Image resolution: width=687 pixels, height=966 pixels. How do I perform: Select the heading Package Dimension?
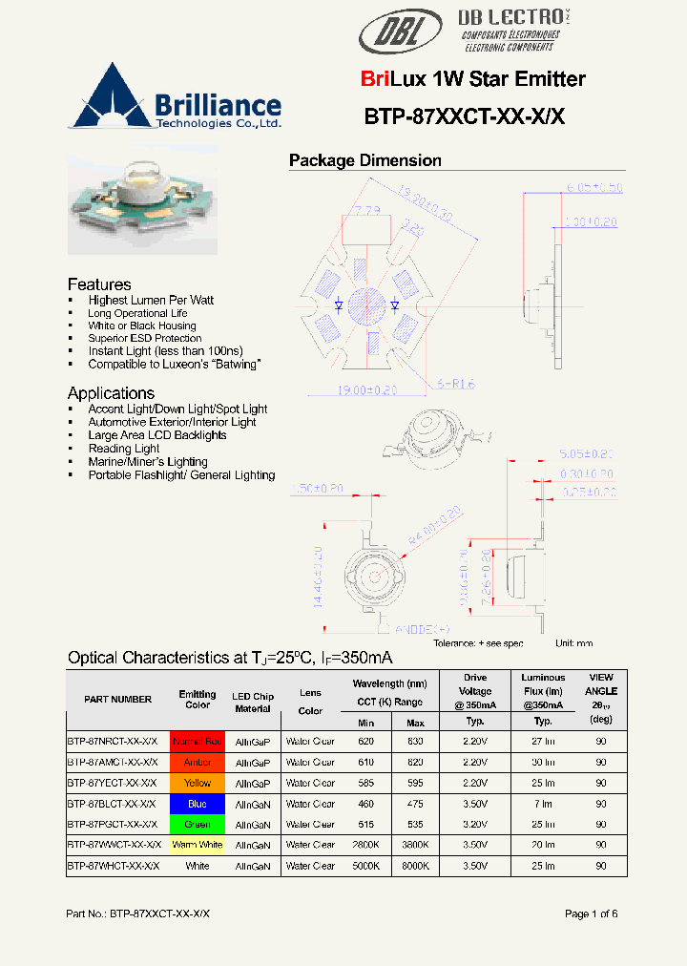(364, 160)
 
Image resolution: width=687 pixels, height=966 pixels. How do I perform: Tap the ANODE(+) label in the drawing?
(422, 629)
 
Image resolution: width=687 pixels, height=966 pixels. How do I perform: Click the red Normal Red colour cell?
(197, 741)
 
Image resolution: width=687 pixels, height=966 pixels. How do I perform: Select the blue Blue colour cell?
(197, 804)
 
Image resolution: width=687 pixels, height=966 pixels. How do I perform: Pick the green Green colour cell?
(197, 824)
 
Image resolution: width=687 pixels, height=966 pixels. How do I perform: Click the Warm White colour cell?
(197, 845)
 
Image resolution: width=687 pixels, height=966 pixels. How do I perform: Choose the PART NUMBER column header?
(117, 700)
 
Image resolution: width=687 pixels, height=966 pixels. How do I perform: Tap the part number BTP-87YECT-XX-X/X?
(113, 783)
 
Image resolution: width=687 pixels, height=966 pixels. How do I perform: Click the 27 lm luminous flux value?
(543, 741)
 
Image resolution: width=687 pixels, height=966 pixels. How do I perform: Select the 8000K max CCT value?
(415, 866)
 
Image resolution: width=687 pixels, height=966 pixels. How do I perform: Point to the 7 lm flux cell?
(543, 804)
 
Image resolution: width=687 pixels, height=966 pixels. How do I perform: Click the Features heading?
(99, 284)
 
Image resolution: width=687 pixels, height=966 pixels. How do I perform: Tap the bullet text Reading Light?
(123, 449)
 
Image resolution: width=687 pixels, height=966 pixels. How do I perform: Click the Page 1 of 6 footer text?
(591, 913)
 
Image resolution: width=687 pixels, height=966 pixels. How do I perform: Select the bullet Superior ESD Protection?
(145, 338)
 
